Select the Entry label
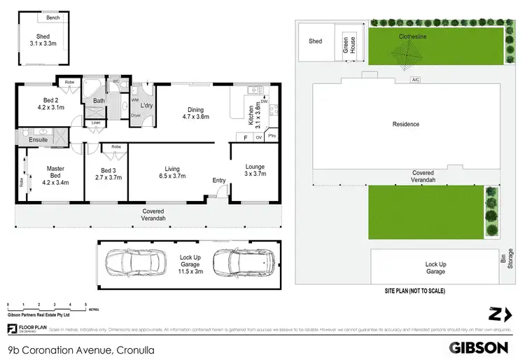click(x=219, y=181)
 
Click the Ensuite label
click(x=38, y=139)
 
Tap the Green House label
click(x=346, y=44)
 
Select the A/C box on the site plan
click(x=415, y=79)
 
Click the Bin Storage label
click(x=510, y=258)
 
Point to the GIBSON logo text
click(x=478, y=347)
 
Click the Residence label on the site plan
click(x=406, y=124)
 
